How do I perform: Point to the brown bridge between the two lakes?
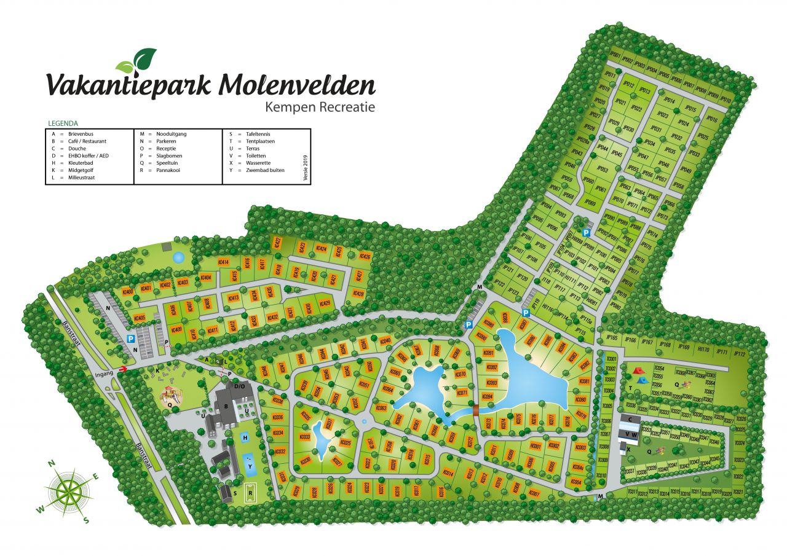click(x=475, y=410)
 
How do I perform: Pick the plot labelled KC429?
click(x=325, y=303)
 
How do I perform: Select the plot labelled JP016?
click(x=712, y=119)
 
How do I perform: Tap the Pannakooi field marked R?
click(x=250, y=491)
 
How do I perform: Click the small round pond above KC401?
click(x=178, y=257)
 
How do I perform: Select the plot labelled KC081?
click(x=583, y=382)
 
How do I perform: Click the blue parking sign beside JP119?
click(x=526, y=313)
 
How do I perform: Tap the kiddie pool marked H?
click(x=245, y=437)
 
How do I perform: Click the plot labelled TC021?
click(x=738, y=492)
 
